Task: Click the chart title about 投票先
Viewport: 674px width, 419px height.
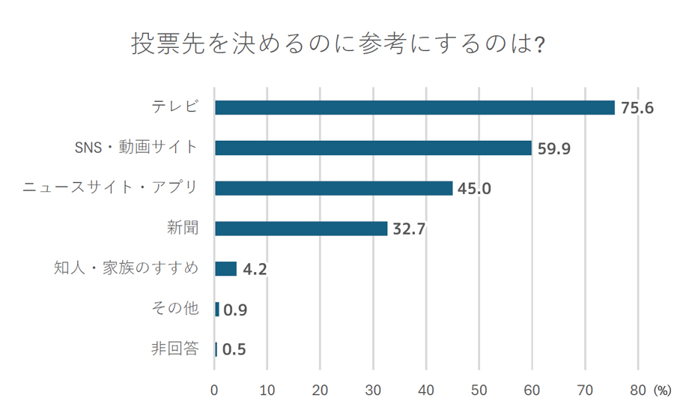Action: coord(338,43)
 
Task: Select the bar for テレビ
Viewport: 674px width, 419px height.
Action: coord(414,107)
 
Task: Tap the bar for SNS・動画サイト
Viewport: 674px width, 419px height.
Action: coord(373,148)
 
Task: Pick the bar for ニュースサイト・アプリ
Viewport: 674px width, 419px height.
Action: coord(333,188)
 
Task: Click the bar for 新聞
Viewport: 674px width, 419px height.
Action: coord(301,229)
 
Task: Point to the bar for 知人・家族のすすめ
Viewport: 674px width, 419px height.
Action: coord(225,268)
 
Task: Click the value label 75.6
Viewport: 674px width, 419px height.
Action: coord(637,108)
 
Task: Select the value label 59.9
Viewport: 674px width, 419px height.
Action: coord(554,148)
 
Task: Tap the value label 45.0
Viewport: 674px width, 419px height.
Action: coord(474,189)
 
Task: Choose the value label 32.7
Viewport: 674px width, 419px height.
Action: coord(409,229)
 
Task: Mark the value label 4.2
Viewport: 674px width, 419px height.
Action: coord(255,269)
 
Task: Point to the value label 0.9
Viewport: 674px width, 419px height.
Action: coord(235,310)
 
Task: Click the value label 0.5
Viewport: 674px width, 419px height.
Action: coord(234,350)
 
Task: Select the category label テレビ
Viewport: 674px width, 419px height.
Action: coord(176,106)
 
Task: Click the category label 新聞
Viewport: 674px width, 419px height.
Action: coord(183,228)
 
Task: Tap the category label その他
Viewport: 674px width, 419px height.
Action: coord(176,308)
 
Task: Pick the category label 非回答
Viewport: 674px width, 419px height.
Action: coord(176,349)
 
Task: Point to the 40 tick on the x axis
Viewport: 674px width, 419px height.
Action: coord(426,391)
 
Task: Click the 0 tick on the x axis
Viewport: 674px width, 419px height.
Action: coord(215,391)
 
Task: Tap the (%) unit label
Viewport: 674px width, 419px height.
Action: coord(663,391)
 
